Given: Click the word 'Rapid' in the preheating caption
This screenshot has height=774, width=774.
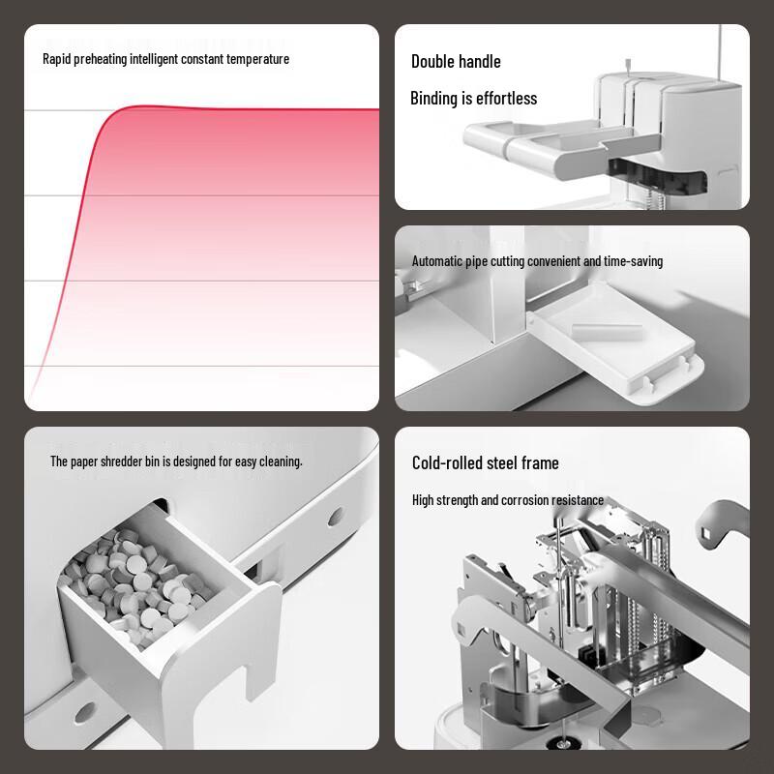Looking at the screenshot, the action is (57, 59).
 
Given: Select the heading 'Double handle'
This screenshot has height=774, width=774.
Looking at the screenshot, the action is (456, 61).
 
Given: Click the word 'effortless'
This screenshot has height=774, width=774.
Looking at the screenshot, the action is (506, 98).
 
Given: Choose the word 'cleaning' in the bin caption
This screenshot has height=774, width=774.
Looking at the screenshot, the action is (281, 461).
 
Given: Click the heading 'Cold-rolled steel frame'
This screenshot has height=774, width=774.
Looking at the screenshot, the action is (486, 462).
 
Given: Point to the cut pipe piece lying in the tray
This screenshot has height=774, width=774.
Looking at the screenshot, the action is (607, 330).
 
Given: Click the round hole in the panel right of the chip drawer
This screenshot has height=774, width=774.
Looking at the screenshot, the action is (335, 517).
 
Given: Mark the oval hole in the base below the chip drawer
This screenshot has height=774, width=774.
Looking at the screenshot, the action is (85, 713).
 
